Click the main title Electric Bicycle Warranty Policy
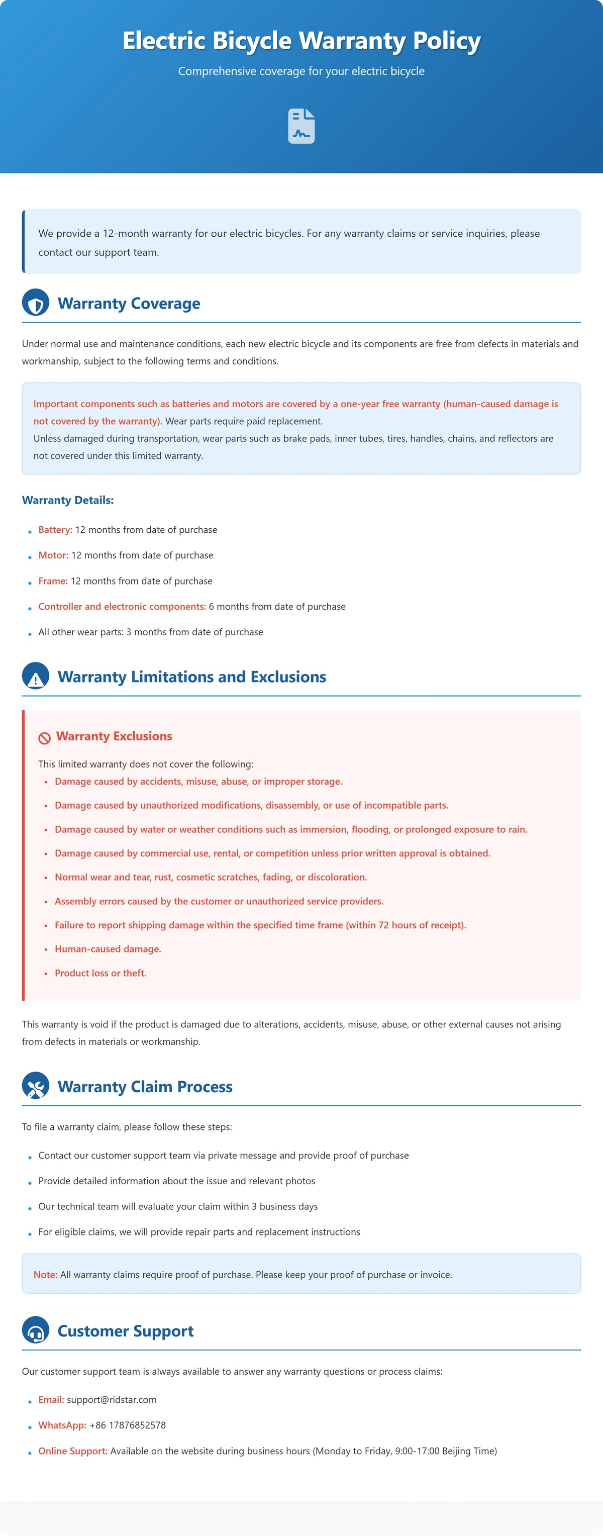pos(301,41)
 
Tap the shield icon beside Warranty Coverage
pos(36,303)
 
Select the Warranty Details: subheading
pos(67,500)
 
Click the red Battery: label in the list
pos(55,529)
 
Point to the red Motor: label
pos(53,555)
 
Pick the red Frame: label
pos(52,581)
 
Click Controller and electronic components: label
pos(122,607)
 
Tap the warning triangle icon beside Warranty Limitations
pos(36,677)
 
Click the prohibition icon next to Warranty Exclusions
pos(44,737)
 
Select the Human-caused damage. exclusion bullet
pos(108,948)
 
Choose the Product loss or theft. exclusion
pos(100,973)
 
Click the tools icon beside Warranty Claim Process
pos(36,1087)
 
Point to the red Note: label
pos(45,1274)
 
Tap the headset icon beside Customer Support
pos(36,1331)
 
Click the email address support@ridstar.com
pos(112,1399)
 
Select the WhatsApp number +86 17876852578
pos(128,1425)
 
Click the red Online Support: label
pos(73,1451)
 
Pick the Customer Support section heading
pos(125,1331)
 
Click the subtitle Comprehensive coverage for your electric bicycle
pos(301,71)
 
